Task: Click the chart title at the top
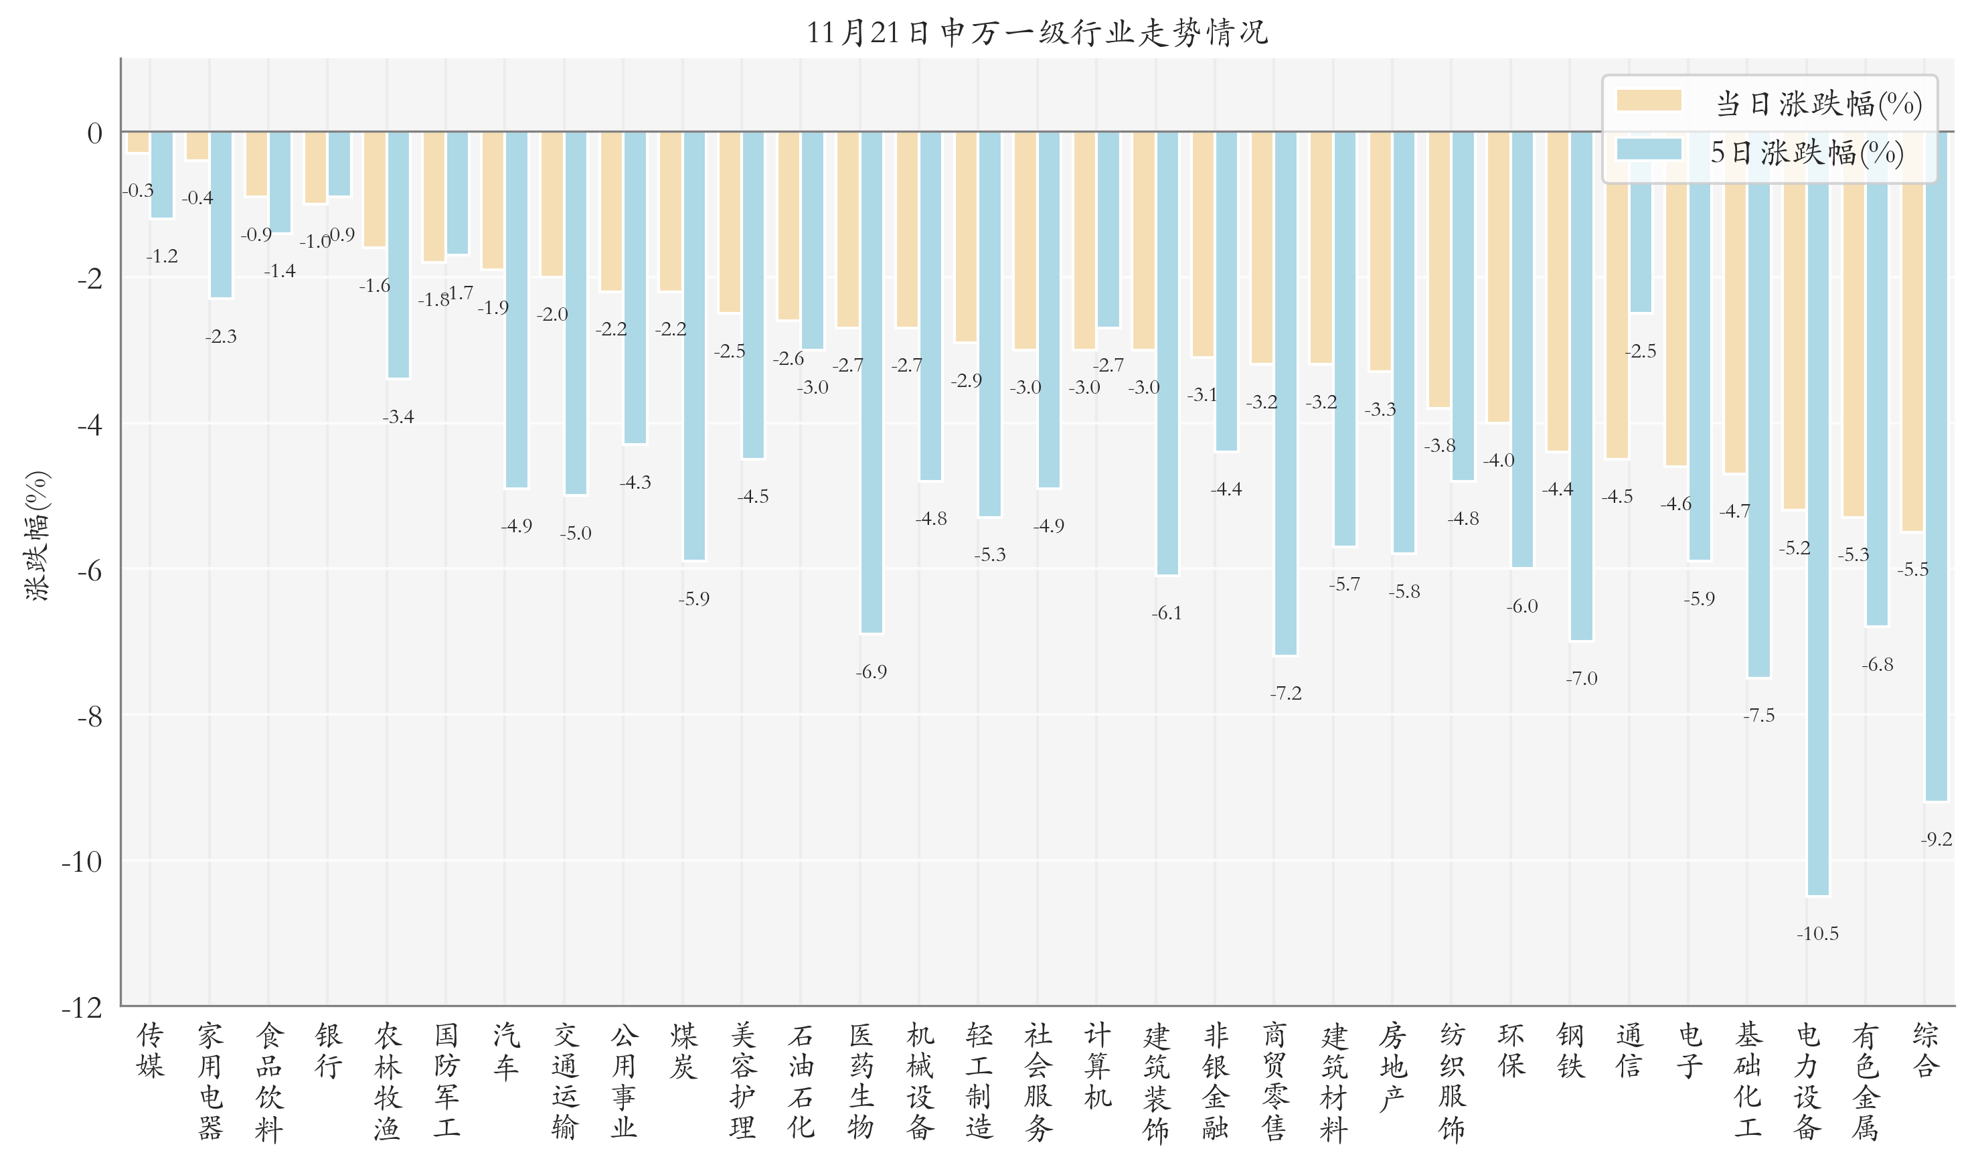pos(1036,33)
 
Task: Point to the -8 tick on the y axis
pos(90,716)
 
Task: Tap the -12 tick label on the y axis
pos(82,1008)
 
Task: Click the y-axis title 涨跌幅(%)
pos(37,536)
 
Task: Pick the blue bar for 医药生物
pos(871,382)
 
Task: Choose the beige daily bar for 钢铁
pos(1558,291)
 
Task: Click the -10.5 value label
pos(1817,934)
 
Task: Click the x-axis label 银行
pos(329,1051)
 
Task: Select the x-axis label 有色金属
pos(1865,1081)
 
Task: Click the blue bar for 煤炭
pos(693,346)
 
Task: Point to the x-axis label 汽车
pos(505,1051)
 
